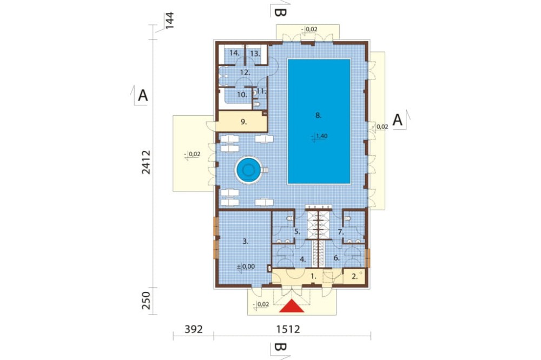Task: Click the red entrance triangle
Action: coord(292,306)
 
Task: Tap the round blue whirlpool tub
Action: coord(248,170)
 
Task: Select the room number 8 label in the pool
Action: coord(319,116)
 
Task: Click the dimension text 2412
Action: coord(146,162)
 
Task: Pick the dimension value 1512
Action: coord(288,329)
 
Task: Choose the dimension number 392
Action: coord(193,329)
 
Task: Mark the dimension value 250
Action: coord(146,301)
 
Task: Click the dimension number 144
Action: coord(169,21)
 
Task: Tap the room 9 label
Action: coord(243,122)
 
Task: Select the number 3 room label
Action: coord(246,242)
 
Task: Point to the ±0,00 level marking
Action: coord(246,266)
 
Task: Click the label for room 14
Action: coord(234,53)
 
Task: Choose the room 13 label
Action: coord(255,54)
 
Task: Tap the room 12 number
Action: coord(245,72)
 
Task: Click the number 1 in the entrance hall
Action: coord(313,276)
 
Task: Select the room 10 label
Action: coord(242,94)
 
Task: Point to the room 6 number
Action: coord(337,258)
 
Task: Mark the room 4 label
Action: coord(302,259)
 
